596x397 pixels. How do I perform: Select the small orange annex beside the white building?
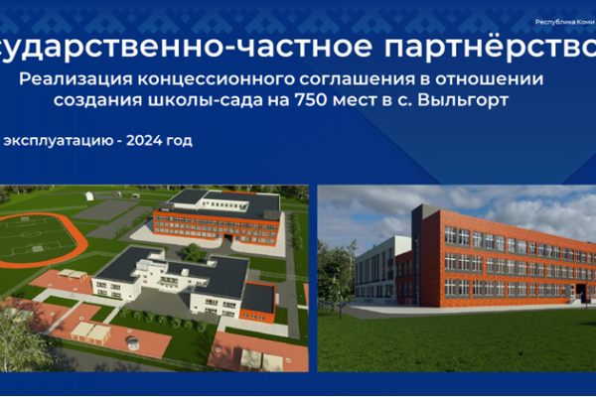[x=258, y=299]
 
